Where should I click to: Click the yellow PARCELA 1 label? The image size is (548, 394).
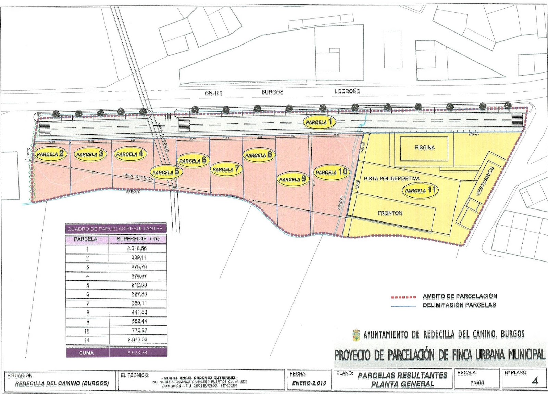click(x=319, y=122)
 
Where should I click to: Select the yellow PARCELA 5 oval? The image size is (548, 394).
click(x=166, y=172)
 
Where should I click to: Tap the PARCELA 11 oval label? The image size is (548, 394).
click(x=420, y=190)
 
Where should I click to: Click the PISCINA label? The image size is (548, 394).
click(x=424, y=148)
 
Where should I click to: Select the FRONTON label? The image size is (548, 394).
click(x=390, y=213)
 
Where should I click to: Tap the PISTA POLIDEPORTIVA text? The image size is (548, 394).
click(x=391, y=179)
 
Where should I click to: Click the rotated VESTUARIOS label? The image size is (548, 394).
click(x=485, y=181)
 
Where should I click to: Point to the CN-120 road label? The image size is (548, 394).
click(x=214, y=93)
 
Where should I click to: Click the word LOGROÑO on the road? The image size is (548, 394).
click(x=347, y=91)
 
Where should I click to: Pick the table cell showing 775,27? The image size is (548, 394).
click(x=139, y=331)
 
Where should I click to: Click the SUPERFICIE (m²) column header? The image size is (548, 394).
click(x=138, y=239)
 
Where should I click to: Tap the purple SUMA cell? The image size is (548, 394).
click(x=87, y=353)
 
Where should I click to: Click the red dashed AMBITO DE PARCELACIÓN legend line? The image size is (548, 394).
click(x=403, y=297)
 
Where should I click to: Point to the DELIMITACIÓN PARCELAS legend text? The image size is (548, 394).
click(x=459, y=305)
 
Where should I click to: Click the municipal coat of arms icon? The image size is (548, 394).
click(x=356, y=334)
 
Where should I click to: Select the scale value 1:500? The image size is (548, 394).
click(x=477, y=383)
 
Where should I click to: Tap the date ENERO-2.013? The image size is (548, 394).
click(x=309, y=383)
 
